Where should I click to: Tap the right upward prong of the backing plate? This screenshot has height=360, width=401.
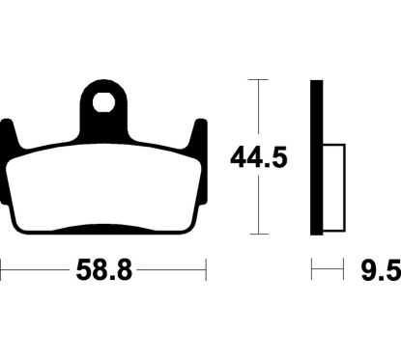point(199,135)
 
